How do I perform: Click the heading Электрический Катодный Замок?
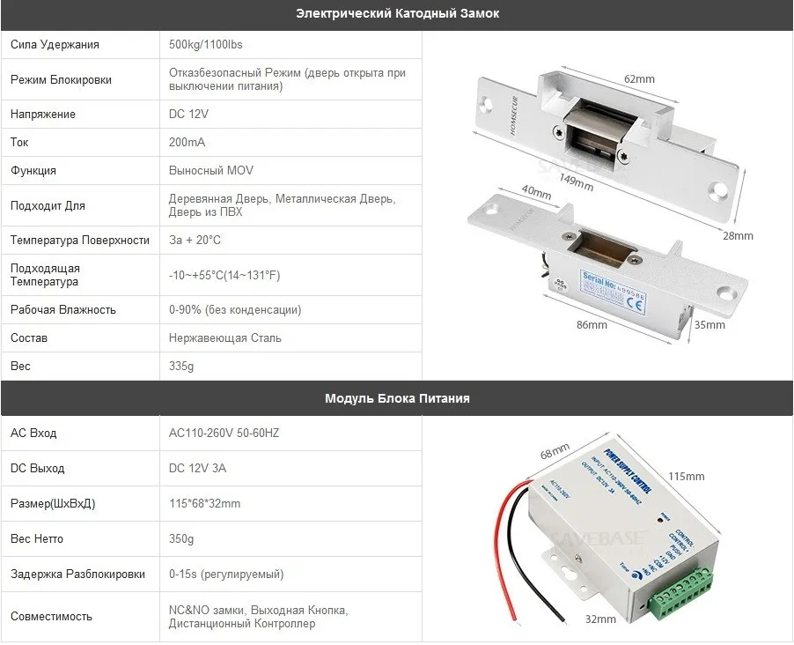(397, 14)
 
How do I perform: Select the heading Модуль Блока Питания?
(397, 398)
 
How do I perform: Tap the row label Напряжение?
(43, 115)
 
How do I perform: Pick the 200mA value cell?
(187, 143)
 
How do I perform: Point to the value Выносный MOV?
(210, 171)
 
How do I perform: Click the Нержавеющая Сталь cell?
(225, 338)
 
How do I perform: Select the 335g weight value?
(182, 367)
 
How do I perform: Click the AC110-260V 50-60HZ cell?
(224, 434)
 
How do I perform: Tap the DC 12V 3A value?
(197, 469)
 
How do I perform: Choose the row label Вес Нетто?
(37, 539)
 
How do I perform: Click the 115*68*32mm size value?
(204, 504)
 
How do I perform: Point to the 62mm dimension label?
(639, 79)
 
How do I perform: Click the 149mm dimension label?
(577, 182)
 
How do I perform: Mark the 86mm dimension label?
(592, 325)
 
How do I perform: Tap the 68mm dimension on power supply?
(551, 452)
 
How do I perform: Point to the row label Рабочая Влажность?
(63, 310)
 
